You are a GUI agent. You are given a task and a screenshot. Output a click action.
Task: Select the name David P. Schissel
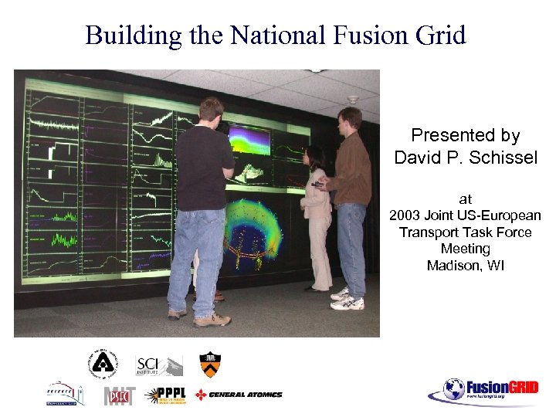coord(465,158)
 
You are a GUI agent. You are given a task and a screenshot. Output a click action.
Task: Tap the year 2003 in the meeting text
coord(406,215)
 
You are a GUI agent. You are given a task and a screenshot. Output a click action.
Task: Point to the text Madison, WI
coord(465,266)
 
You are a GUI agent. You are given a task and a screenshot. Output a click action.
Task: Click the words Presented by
coord(465,135)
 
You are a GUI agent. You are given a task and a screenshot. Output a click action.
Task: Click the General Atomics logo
coord(239,395)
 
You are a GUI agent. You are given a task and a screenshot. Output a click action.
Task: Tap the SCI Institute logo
coord(158,364)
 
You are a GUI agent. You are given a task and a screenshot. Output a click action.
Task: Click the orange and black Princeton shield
coord(209,364)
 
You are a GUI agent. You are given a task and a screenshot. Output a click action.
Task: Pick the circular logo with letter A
coord(102,364)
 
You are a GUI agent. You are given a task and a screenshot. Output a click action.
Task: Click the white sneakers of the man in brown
coord(347,300)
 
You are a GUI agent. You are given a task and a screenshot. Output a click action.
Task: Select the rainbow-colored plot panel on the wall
coord(249,140)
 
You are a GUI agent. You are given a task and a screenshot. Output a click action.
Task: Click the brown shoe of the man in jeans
coord(212,320)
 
